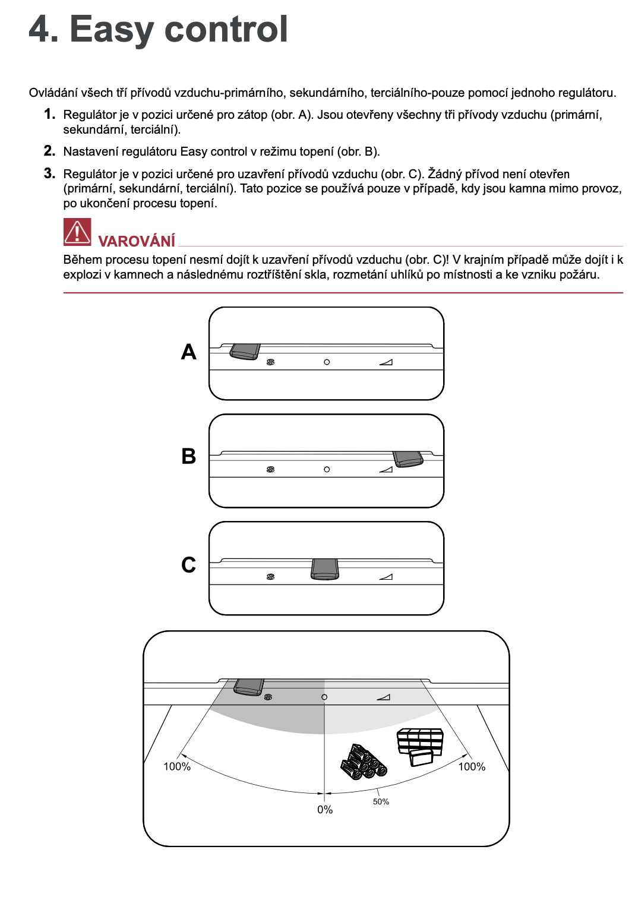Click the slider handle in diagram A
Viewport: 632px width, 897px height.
(245, 352)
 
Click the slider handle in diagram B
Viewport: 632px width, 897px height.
(408, 459)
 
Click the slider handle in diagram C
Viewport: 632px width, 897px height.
(325, 568)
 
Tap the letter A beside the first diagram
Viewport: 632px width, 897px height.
(189, 352)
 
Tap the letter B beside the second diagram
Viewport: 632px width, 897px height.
(189, 456)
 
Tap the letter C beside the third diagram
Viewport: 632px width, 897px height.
(189, 564)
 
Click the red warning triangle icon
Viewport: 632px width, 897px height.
(77, 232)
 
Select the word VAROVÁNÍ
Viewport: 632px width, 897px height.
(137, 241)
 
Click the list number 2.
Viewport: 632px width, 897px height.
(49, 151)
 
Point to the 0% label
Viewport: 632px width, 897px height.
(325, 810)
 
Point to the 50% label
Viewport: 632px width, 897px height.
(381, 802)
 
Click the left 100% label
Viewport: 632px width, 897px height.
(177, 767)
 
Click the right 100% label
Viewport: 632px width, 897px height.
(472, 767)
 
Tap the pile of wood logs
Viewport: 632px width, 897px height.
(364, 763)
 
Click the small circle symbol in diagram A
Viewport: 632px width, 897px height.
(327, 362)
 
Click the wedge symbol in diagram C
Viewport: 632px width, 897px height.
(386, 576)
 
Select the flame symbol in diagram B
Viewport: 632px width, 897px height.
(271, 469)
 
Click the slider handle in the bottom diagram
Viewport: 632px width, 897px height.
(249, 687)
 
